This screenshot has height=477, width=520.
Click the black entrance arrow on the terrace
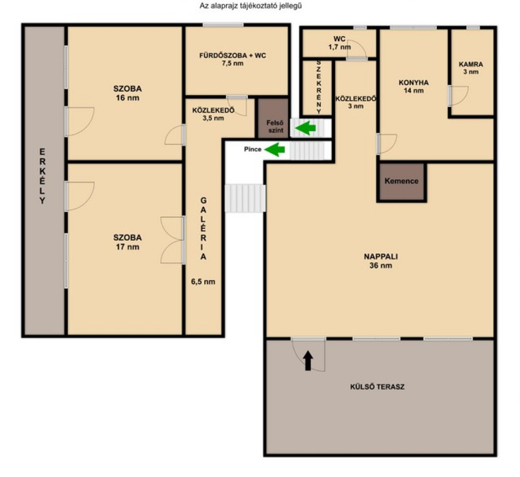click(308, 361)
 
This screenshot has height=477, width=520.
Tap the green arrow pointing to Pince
click(275, 150)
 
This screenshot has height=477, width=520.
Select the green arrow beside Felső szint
click(305, 128)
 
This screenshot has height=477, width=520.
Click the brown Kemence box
click(401, 182)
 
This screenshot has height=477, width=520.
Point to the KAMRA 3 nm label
click(471, 68)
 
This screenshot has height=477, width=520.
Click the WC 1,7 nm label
click(339, 43)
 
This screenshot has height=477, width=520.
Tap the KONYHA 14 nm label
click(413, 86)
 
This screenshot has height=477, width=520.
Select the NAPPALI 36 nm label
click(381, 261)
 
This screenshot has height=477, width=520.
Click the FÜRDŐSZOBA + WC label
click(233, 59)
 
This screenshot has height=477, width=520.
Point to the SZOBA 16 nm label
click(127, 94)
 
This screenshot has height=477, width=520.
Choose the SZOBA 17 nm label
click(127, 242)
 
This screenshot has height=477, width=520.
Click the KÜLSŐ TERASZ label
click(377, 387)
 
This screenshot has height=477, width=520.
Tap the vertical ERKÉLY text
click(43, 176)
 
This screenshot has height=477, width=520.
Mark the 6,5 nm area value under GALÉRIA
click(203, 282)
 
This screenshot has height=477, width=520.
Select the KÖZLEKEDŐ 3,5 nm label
click(213, 114)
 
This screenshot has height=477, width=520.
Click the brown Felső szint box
click(274, 118)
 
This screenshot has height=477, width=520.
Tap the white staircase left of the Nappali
click(245, 198)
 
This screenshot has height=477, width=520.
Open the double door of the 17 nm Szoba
click(173, 240)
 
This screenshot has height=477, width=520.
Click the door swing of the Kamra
click(459, 96)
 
